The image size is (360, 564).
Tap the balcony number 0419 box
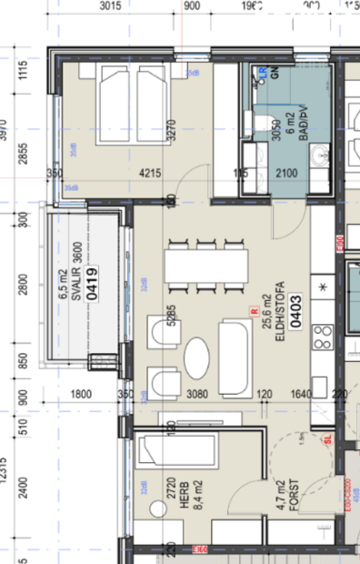coord(93,284)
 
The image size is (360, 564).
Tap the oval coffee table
coord(197,356)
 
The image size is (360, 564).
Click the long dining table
coord(206,266)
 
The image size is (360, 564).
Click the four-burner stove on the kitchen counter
coord(323,343)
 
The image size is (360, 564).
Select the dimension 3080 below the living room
coord(197,395)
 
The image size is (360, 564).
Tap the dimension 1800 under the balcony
coord(81,395)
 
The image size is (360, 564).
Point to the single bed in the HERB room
coord(175,449)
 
